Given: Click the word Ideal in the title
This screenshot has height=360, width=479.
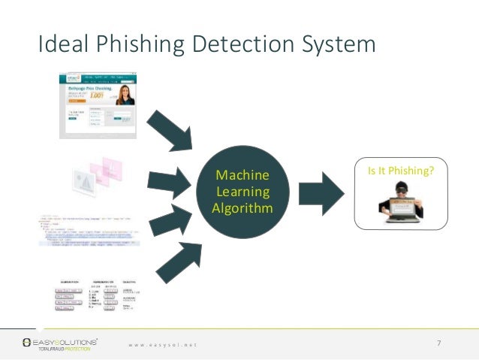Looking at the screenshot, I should click(x=61, y=44).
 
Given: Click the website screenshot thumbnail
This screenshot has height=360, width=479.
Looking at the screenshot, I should click(x=98, y=105).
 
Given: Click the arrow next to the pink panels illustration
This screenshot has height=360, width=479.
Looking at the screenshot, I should click(x=170, y=180).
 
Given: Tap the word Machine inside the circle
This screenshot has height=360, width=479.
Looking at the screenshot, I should click(x=241, y=176).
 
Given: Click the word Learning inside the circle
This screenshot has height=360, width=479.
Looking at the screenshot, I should click(x=241, y=192).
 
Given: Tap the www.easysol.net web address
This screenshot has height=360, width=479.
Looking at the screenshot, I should click(x=162, y=344).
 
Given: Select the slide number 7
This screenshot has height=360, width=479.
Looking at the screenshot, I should click(x=438, y=343).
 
